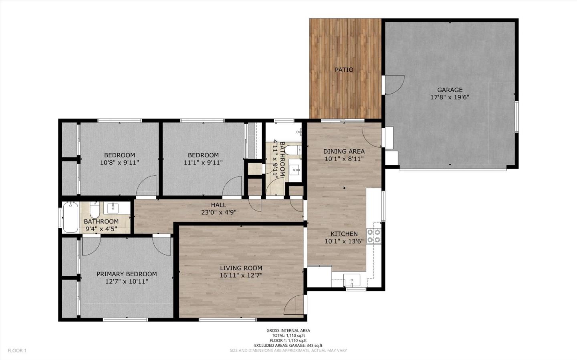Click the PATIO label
[x=344, y=70]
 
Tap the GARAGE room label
[x=450, y=90]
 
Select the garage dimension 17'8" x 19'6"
[x=450, y=97]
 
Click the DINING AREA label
[x=344, y=151]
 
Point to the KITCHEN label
[x=344, y=234]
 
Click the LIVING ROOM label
[x=241, y=268]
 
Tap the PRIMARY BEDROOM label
[x=127, y=274]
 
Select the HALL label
[x=218, y=205]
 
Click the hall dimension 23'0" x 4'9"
[x=218, y=212]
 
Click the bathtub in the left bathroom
[x=71, y=217]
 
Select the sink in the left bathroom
[x=113, y=207]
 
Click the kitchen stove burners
[x=373, y=236]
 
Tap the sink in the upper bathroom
[x=296, y=170]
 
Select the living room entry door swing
[x=295, y=305]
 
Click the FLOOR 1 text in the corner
[x=17, y=350]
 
